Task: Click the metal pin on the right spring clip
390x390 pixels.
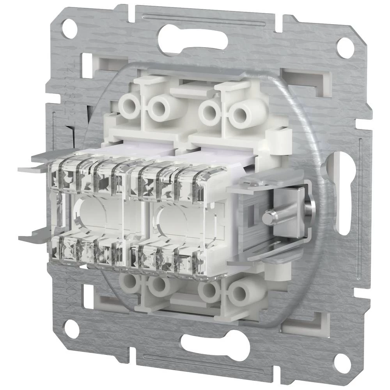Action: tap(269, 217)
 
